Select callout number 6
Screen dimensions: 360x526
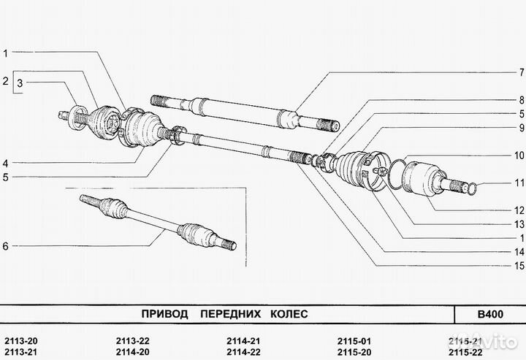(x=5, y=246)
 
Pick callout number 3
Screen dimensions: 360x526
(x=20, y=85)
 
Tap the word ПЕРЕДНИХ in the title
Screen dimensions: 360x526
(x=224, y=314)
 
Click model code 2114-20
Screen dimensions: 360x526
(x=132, y=352)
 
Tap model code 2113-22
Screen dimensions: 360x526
(x=132, y=341)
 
